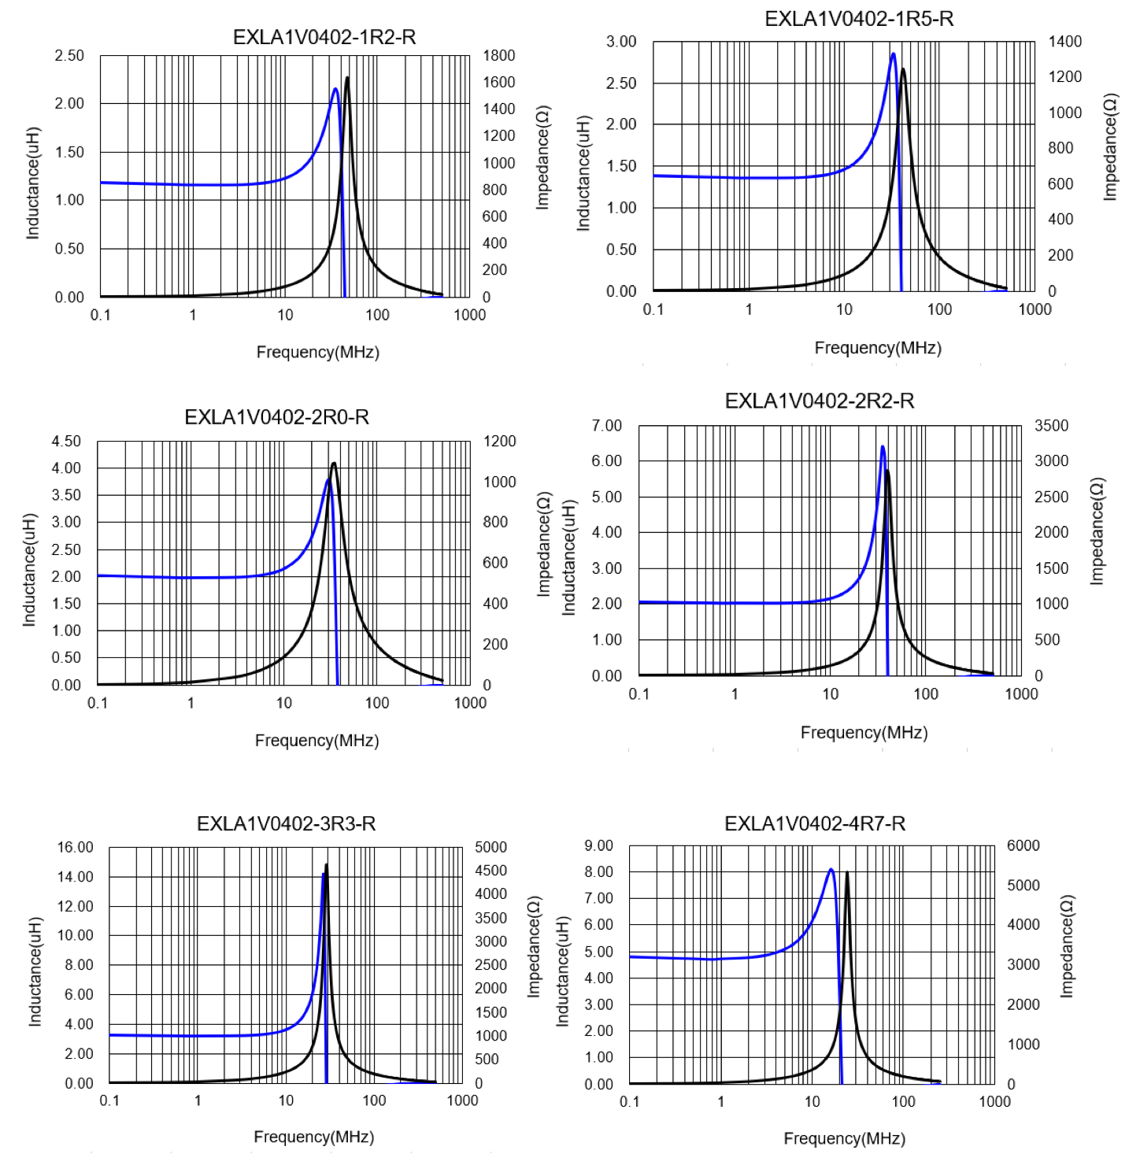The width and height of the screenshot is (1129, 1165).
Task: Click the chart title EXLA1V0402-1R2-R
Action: click(x=324, y=37)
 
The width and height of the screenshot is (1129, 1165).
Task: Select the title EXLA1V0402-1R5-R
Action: click(x=858, y=19)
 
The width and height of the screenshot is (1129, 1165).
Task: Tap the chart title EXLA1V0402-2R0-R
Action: click(x=276, y=417)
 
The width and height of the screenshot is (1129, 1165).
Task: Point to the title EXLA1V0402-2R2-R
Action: click(x=819, y=401)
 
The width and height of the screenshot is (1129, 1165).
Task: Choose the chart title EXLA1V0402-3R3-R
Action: click(x=286, y=823)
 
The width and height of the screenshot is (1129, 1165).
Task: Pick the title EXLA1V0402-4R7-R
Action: click(x=814, y=823)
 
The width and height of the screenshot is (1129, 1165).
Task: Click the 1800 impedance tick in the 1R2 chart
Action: click(x=499, y=56)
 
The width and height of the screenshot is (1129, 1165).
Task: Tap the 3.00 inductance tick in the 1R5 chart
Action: click(x=620, y=42)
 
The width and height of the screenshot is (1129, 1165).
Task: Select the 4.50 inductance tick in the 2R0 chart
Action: click(x=66, y=442)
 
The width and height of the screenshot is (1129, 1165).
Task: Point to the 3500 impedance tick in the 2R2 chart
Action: click(x=1051, y=426)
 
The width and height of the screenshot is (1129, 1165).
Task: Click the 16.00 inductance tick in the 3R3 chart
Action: click(x=75, y=848)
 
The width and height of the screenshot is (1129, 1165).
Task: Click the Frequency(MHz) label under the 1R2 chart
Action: click(x=317, y=352)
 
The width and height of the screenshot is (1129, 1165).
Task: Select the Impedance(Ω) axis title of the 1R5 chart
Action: click(x=1110, y=147)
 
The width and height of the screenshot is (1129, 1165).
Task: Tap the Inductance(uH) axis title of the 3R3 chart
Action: click(x=35, y=971)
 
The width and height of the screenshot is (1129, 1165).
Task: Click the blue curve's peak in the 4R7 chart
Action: click(x=831, y=870)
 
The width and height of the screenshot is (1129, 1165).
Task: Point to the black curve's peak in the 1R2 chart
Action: click(x=347, y=78)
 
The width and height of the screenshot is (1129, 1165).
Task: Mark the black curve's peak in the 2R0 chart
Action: click(x=334, y=463)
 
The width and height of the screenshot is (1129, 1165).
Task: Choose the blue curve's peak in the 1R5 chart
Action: click(x=893, y=54)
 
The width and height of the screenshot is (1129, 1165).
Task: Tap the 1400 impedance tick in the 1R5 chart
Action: click(x=1064, y=42)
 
